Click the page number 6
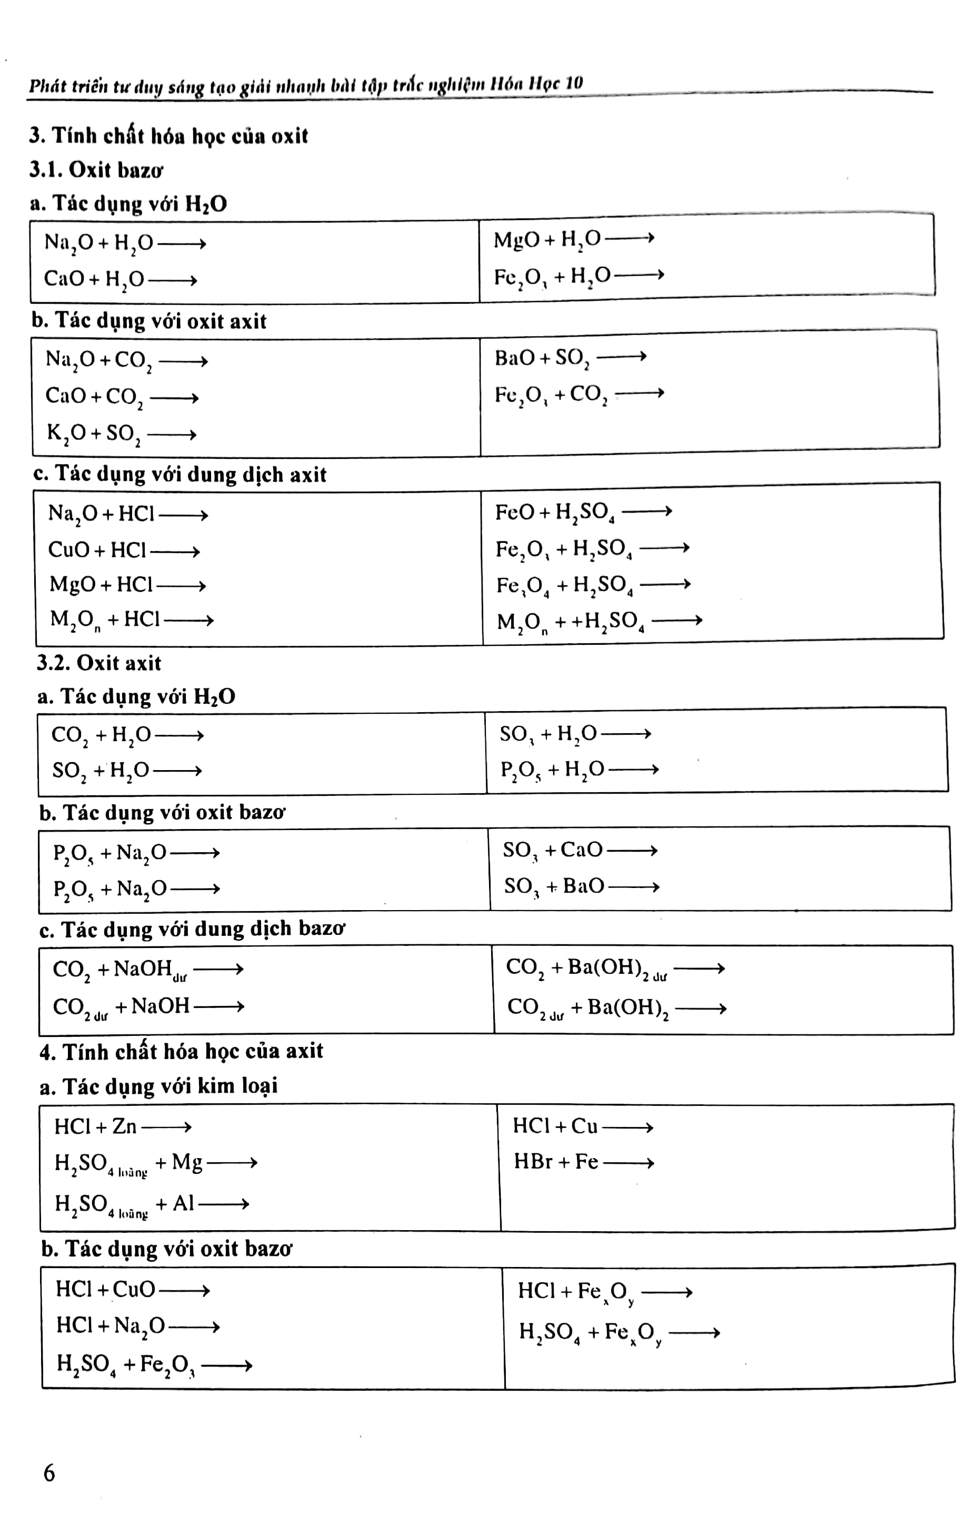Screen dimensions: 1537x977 coord(49,1473)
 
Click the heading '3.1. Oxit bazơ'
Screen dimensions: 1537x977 coord(96,170)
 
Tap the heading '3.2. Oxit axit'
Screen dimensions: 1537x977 coord(99,663)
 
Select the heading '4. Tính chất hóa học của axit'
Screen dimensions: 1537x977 coord(181,1051)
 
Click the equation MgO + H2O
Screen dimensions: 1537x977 coord(573,240)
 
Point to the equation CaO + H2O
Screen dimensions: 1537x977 coord(120,280)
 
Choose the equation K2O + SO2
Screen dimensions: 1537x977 coord(121,434)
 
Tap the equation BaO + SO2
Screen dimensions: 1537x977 coord(570,358)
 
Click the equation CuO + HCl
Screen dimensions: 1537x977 coord(124,550)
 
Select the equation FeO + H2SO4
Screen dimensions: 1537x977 coord(583,512)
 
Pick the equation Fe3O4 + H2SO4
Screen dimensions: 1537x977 coord(593,585)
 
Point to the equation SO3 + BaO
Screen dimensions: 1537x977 coord(581,886)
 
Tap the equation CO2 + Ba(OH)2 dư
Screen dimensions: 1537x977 coord(614,969)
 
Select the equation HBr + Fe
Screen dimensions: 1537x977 coord(583,1162)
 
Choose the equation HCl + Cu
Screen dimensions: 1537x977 coord(582,1126)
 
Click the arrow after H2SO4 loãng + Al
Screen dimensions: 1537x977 coord(223,1204)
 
